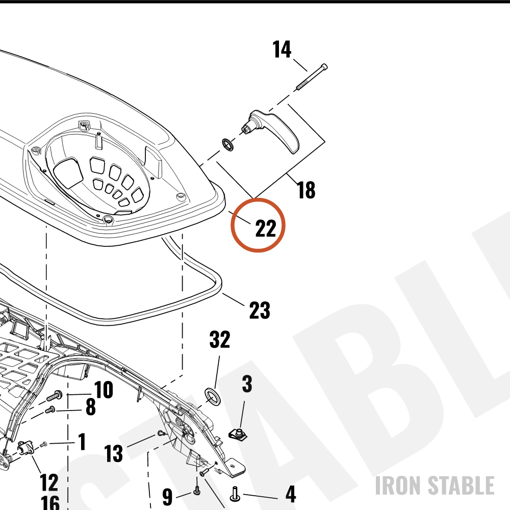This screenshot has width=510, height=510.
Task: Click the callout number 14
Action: (282, 50)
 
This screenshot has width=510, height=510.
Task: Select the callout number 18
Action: (306, 190)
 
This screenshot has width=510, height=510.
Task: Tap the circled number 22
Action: (266, 228)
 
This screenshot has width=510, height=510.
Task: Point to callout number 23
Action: (260, 310)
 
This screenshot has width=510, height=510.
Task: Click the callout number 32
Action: (220, 339)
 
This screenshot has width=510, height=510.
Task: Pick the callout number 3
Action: (247, 384)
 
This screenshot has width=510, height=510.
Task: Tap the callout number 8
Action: (91, 406)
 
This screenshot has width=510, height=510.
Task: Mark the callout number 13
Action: (114, 453)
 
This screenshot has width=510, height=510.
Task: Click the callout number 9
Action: (167, 497)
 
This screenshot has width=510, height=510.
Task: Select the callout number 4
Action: (291, 494)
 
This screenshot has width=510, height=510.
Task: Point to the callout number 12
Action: (49, 482)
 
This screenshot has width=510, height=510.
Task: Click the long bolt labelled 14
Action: (312, 77)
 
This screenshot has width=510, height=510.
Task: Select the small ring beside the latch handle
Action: (228, 145)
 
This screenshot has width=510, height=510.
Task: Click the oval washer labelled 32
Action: (212, 396)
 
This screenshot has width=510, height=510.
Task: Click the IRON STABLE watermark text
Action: (435, 486)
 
